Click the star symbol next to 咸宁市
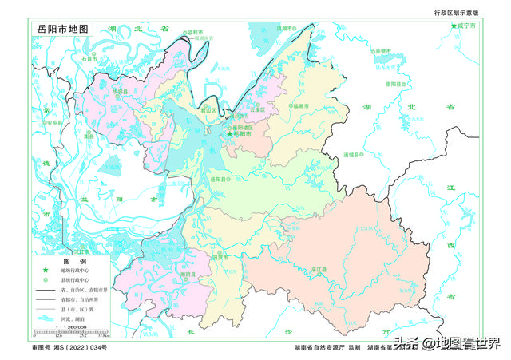point(454,26)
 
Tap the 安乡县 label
point(53,123)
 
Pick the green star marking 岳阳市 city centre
point(230,133)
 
